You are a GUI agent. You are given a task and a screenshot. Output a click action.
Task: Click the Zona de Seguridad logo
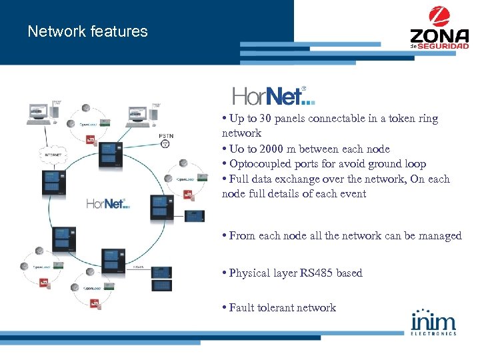coord(434,27)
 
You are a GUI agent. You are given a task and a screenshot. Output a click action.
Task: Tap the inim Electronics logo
coord(433,321)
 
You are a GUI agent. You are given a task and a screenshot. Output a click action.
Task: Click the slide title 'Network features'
coord(87,31)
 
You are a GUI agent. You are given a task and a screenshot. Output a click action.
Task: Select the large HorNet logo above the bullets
coord(273,96)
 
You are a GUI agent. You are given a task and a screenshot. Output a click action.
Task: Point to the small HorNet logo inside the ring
coord(107,203)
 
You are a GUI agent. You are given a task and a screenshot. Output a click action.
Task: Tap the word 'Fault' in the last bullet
coord(243,308)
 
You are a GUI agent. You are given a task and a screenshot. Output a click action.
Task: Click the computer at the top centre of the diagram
coord(138,113)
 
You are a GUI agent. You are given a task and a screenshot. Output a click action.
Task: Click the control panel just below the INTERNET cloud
coord(52,181)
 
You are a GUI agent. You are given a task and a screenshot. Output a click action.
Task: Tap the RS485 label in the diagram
coord(139,267)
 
